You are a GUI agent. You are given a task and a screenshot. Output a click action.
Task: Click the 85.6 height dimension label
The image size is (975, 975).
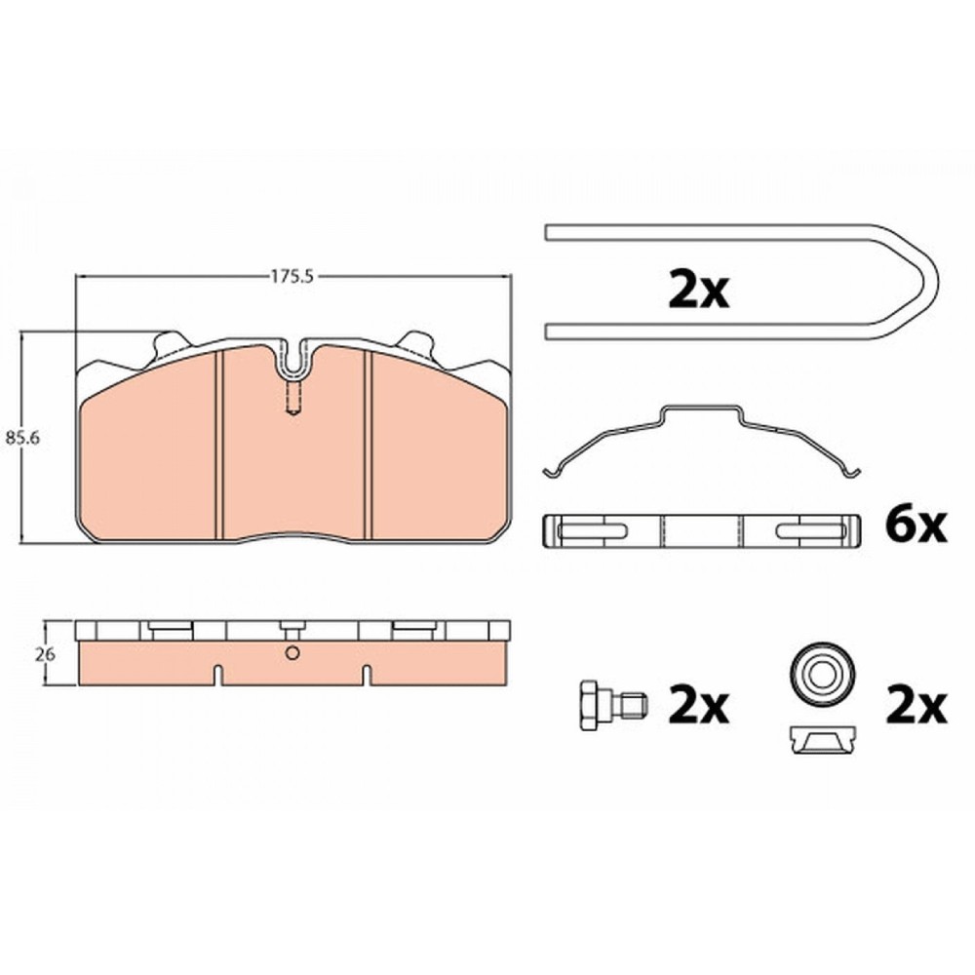[22, 438]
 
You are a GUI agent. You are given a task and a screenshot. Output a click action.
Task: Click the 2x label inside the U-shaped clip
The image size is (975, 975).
[698, 290]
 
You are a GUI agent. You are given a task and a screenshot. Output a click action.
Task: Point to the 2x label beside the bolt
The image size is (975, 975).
[698, 705]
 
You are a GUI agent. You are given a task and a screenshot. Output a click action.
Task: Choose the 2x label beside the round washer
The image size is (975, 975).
[916, 705]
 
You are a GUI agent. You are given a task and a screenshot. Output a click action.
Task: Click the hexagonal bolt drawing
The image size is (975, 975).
[612, 705]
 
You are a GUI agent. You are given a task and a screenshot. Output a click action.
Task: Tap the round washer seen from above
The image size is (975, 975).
[821, 674]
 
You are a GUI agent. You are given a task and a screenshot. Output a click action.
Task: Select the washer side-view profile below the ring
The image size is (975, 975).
[821, 739]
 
